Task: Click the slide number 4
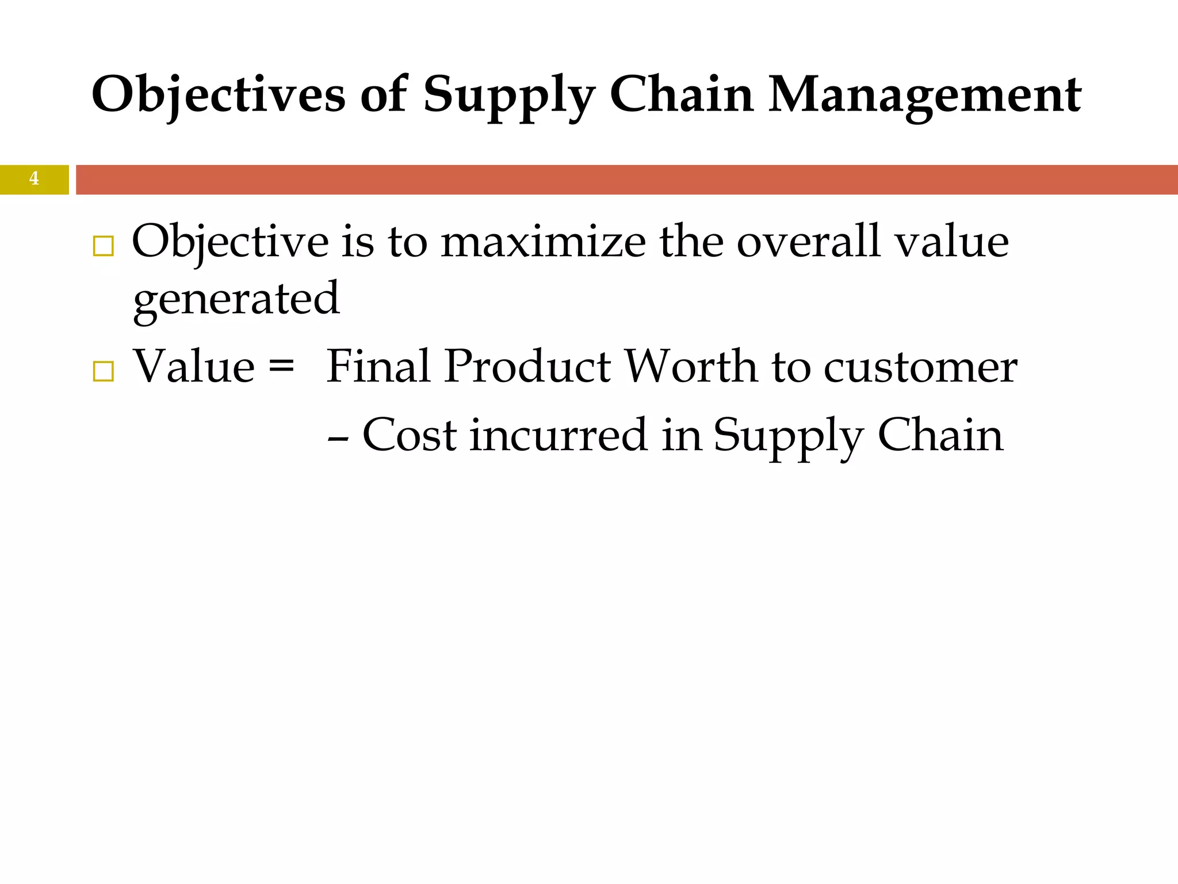point(34,179)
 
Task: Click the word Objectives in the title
point(219,95)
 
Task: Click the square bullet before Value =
point(103,372)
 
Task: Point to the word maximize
point(544,242)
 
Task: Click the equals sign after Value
point(281,366)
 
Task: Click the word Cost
point(410,435)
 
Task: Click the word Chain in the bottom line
point(940,435)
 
